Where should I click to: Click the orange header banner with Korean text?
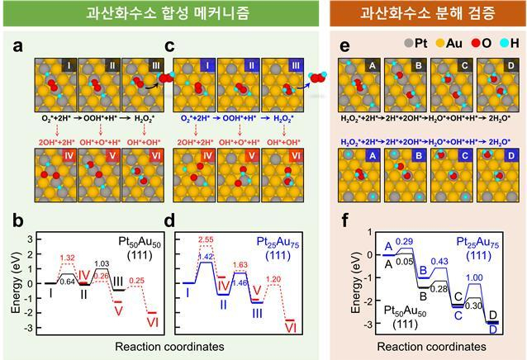(429, 13)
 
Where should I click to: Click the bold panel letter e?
(347, 47)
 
